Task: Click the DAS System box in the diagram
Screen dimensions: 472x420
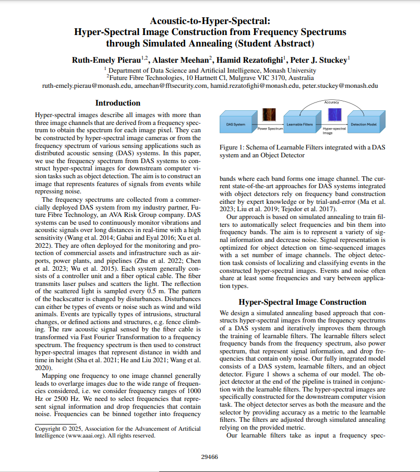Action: pyautogui.click(x=236, y=124)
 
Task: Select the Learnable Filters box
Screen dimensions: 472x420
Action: pyautogui.click(x=299, y=124)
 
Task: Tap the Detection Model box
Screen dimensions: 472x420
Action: pyautogui.click(x=363, y=124)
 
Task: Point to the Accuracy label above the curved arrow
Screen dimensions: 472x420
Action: pyautogui.click(x=332, y=102)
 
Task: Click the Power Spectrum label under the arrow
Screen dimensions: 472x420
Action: pyautogui.click(x=270, y=128)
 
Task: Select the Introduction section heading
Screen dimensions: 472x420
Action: pyautogui.click(x=118, y=103)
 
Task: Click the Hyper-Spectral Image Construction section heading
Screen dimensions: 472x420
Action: pyautogui.click(x=302, y=302)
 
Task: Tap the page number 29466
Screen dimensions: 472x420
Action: pyautogui.click(x=210, y=456)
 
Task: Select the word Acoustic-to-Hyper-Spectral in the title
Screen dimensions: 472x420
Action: pyautogui.click(x=210, y=21)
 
